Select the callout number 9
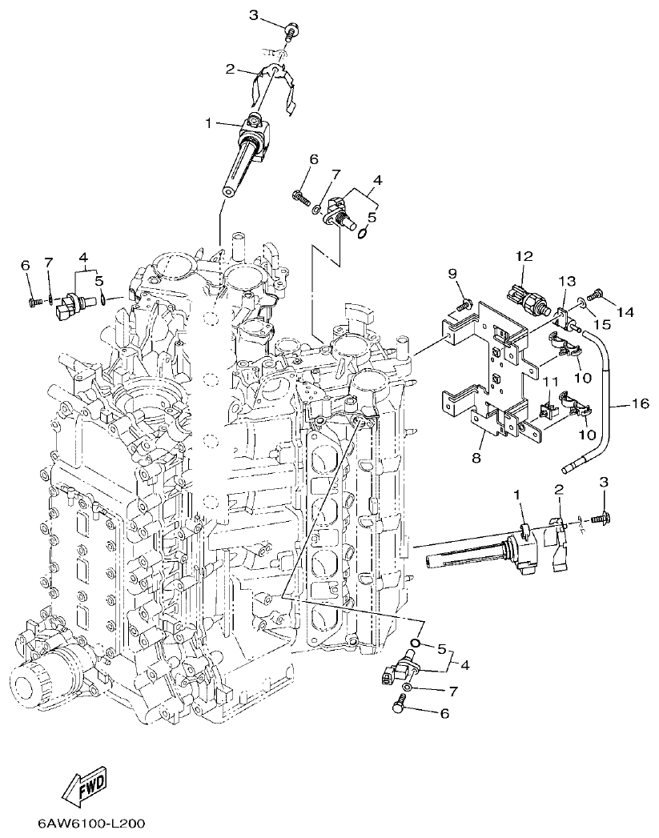[452, 275]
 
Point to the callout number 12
[524, 256]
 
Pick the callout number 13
[567, 281]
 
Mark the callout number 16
[640, 404]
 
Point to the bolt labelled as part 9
[463, 304]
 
